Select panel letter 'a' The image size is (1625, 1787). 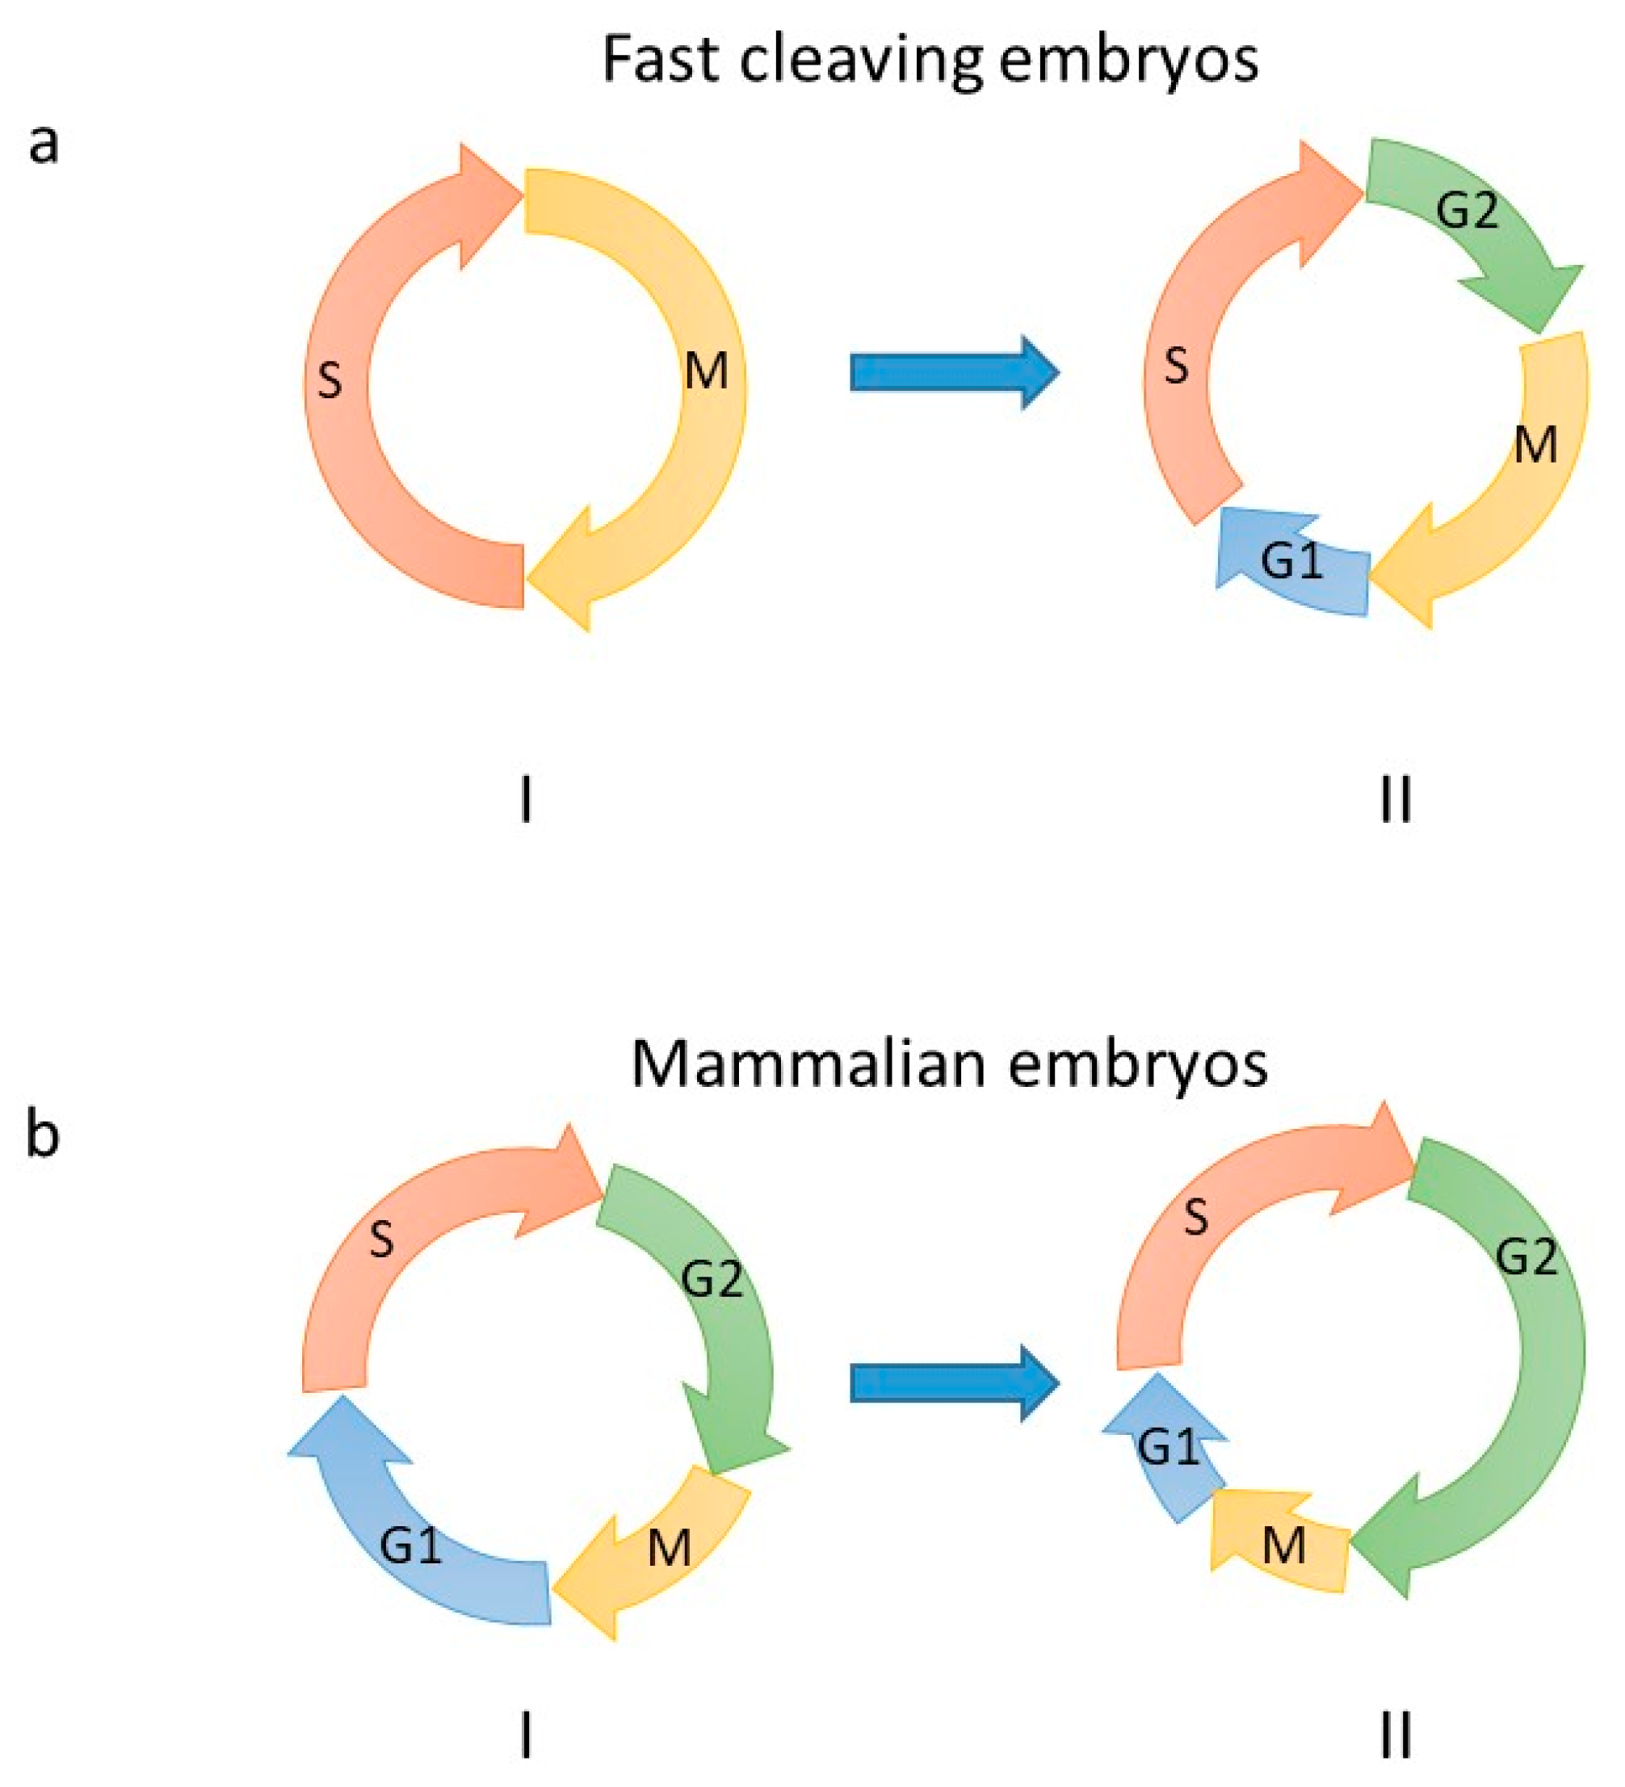[44, 144]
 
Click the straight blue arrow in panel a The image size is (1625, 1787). [954, 372]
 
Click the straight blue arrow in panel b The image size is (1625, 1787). [954, 1382]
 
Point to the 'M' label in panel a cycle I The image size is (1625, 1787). [706, 371]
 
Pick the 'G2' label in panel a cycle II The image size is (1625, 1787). [1468, 211]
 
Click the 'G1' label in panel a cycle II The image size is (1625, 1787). [1291, 561]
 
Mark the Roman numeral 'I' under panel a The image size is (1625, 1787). [527, 800]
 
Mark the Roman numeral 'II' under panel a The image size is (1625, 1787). [1396, 800]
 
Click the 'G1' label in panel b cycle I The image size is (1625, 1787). [410, 1547]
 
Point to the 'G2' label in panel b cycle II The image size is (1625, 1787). [1526, 1257]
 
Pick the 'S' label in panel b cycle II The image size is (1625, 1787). [1196, 1219]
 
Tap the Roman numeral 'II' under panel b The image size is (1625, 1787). [1396, 1736]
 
